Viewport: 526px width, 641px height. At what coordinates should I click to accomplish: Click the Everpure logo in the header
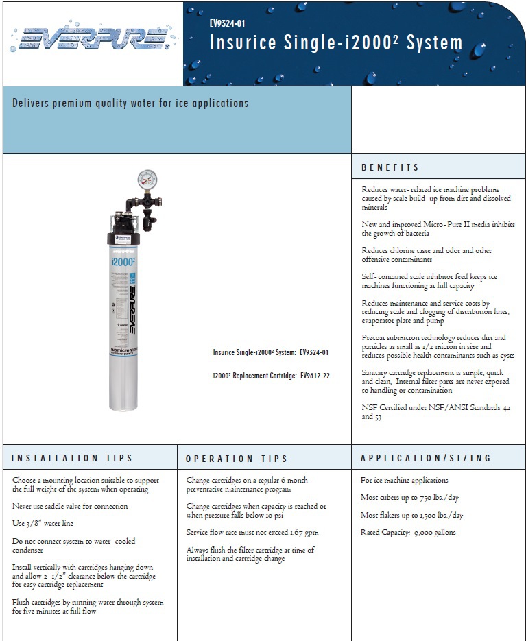point(91,40)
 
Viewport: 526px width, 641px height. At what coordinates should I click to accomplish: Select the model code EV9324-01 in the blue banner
point(227,23)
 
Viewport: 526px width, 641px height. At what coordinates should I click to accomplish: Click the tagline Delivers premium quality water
point(130,104)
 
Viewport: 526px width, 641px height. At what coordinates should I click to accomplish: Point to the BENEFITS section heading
point(390,167)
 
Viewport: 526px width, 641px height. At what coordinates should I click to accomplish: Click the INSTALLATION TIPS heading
point(72,458)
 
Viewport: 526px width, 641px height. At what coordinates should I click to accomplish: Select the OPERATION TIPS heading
point(237,459)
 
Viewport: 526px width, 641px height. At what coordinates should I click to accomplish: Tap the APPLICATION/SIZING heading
point(426,458)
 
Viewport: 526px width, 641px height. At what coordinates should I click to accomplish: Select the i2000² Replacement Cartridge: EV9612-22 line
point(271,376)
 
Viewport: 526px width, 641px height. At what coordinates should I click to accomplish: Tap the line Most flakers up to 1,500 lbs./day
point(411,516)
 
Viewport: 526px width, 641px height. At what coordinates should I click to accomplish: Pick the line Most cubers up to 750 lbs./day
point(409,498)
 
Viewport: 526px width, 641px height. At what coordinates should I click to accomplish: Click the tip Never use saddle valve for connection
point(70,507)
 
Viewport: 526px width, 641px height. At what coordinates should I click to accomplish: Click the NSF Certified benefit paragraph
point(435,411)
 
